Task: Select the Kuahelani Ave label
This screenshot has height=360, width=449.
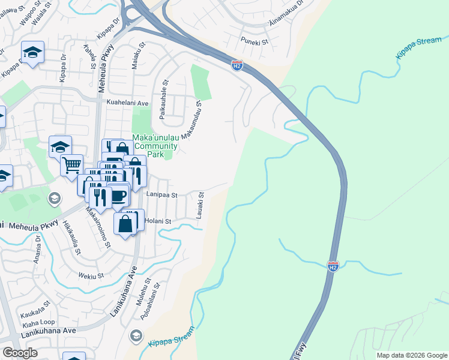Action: [x=127, y=103]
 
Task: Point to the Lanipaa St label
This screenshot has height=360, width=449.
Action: [x=162, y=195]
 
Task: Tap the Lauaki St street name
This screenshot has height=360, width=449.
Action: [x=201, y=206]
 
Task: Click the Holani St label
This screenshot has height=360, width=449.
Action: [x=159, y=221]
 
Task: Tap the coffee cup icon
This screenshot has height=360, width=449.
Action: [x=118, y=195]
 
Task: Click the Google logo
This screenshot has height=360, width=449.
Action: [x=20, y=353]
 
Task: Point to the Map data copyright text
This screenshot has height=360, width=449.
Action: [x=412, y=355]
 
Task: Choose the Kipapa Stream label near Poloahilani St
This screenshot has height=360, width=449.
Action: [x=171, y=336]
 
